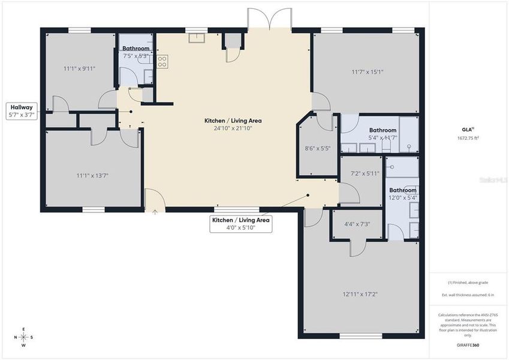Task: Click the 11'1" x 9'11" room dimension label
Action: coord(80,68)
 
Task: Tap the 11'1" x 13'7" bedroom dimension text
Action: coord(92,175)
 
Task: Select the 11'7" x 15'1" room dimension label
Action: coord(367,72)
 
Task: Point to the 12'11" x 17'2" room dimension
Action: coord(360,294)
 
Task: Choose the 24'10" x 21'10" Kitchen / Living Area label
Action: coord(233,124)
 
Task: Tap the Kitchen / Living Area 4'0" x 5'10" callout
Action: coord(240,224)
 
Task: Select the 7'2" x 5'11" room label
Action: coord(362,173)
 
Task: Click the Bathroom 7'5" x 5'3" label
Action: coord(136,52)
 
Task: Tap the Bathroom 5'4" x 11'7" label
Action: coord(382,134)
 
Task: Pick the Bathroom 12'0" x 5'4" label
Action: coord(402,194)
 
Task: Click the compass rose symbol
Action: coord(23,337)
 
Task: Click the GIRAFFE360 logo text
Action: coord(468,345)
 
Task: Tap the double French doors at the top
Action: coord(270,20)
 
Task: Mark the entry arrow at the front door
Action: coord(155,212)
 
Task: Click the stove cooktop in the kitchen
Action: coord(162,61)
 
